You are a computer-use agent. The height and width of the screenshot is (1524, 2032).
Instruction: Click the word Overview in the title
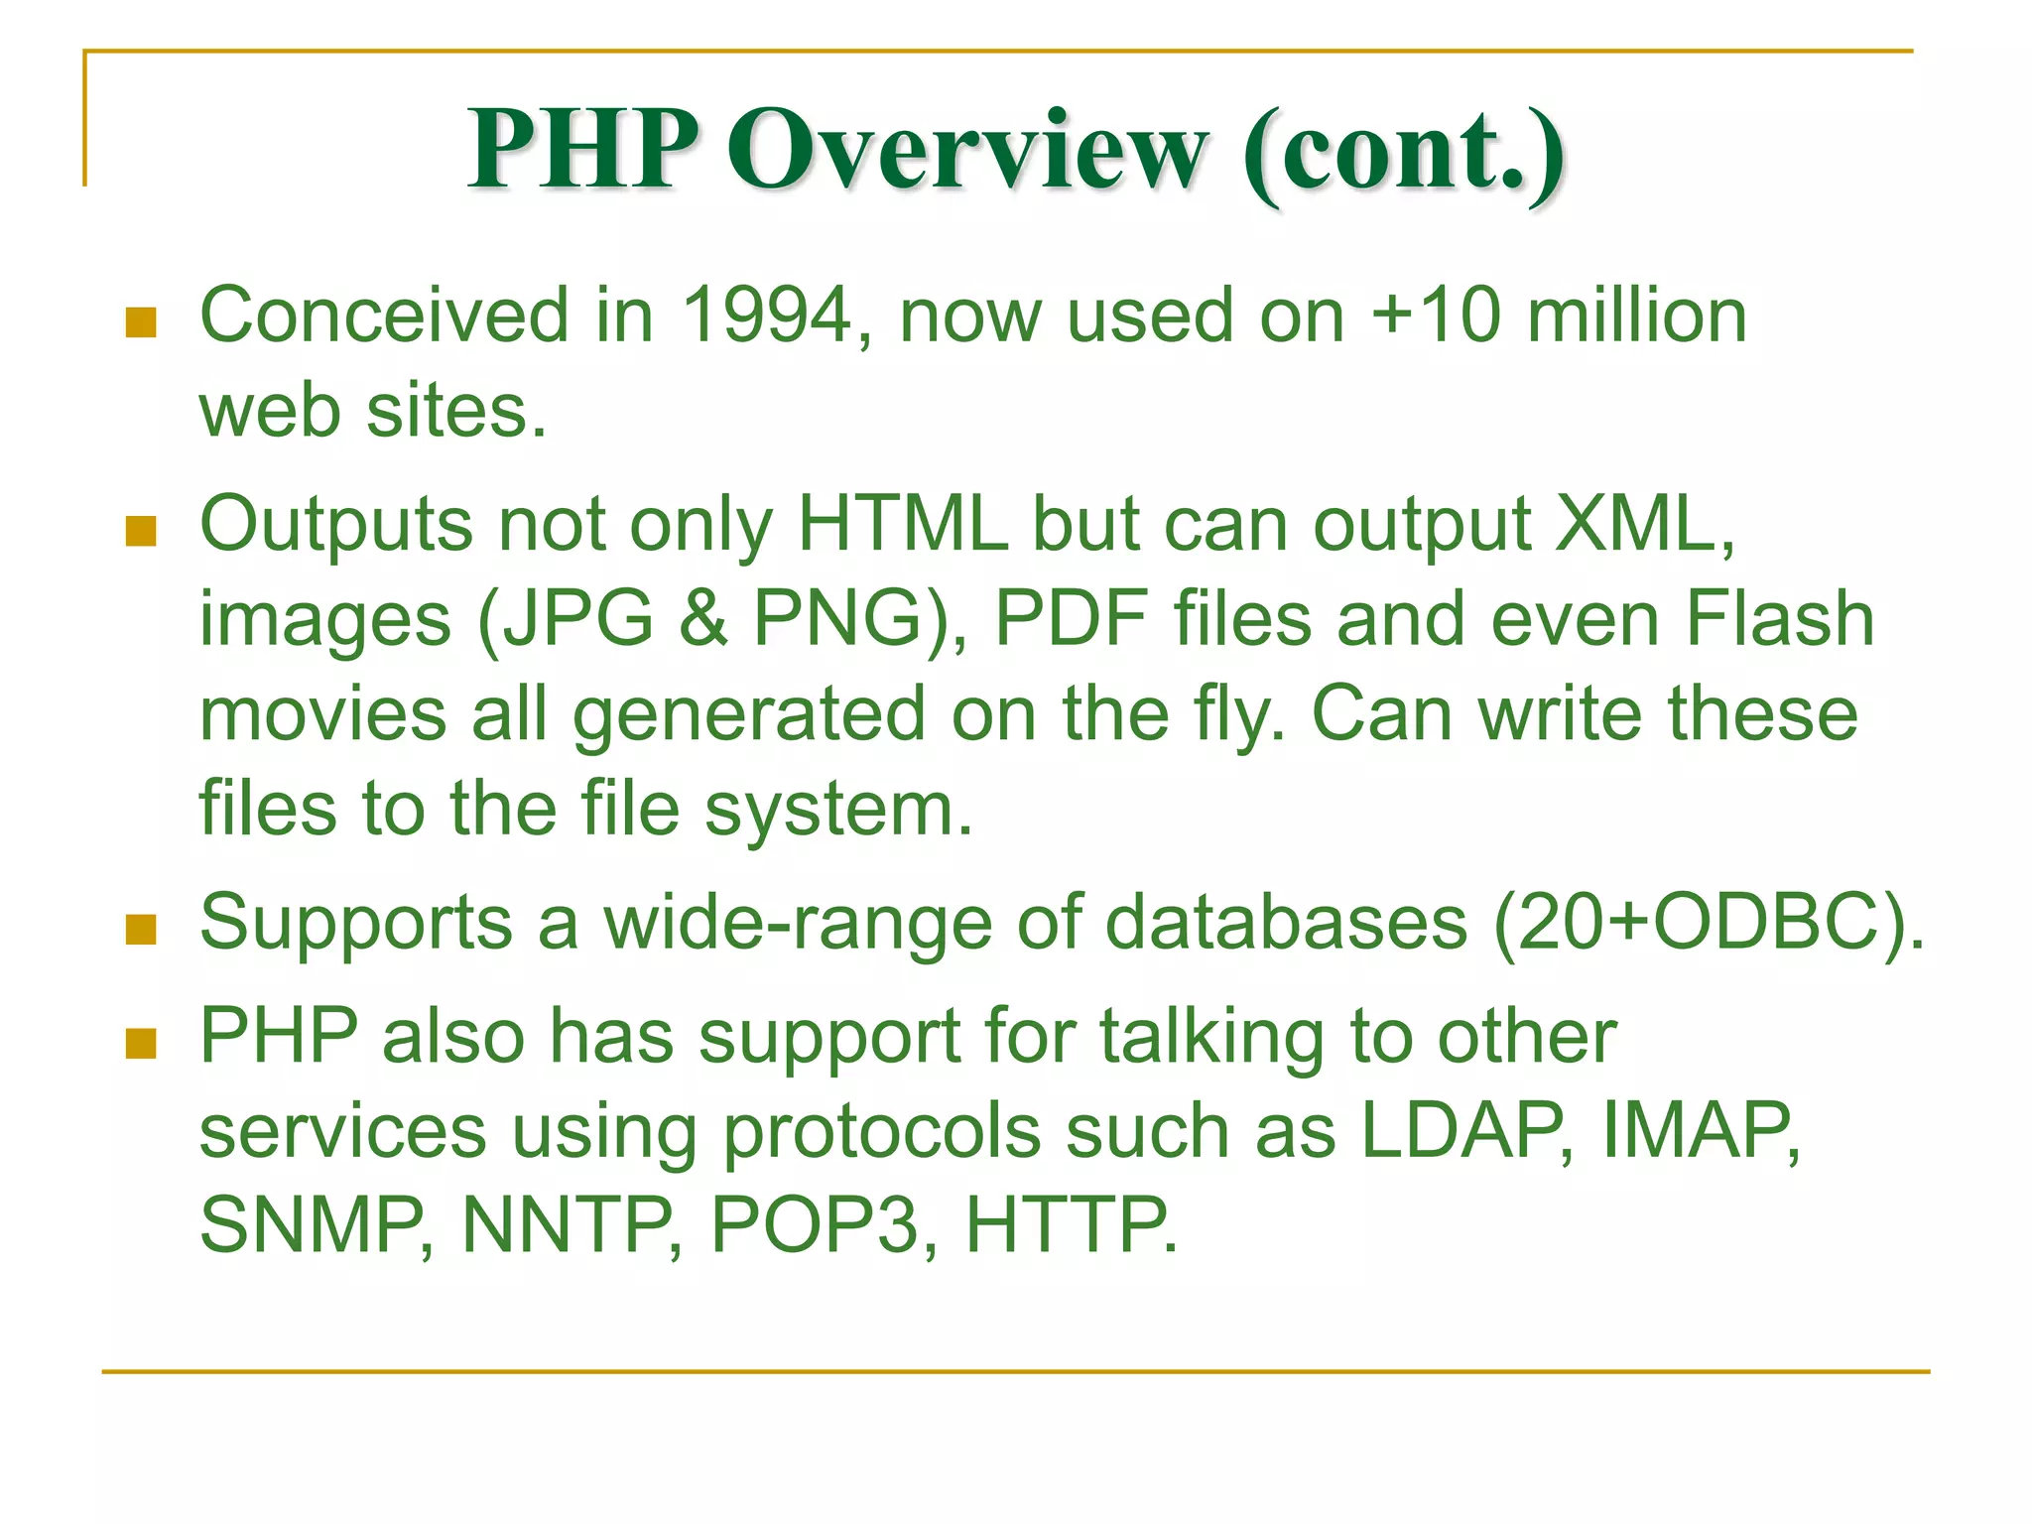tap(967, 151)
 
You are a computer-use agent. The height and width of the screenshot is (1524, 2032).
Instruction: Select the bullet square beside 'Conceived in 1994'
tap(142, 322)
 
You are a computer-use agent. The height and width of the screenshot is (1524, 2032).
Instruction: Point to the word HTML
tap(902, 524)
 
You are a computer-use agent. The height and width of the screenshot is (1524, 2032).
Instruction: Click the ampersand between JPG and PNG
tap(703, 619)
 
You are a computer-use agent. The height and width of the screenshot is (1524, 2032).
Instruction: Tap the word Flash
tap(1780, 619)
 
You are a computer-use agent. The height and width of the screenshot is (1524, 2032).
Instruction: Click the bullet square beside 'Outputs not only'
tap(142, 532)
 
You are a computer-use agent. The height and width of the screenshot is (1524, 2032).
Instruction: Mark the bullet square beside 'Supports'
tap(142, 930)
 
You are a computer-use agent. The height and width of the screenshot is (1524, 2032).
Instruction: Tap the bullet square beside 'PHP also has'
tap(142, 1044)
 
